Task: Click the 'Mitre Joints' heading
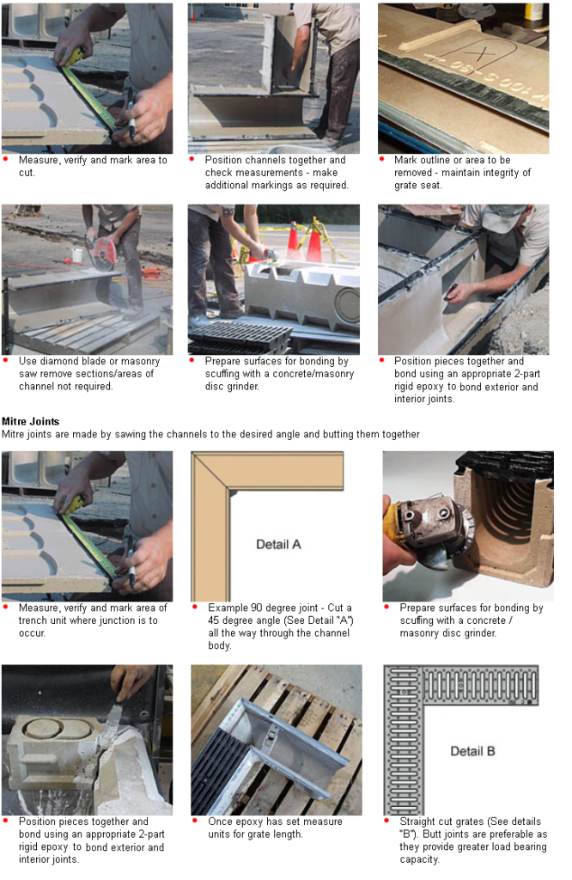click(x=30, y=421)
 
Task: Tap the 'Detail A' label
click(x=278, y=544)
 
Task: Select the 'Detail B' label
click(x=472, y=751)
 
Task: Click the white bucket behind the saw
click(x=77, y=255)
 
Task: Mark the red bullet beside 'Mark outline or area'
click(x=382, y=159)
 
